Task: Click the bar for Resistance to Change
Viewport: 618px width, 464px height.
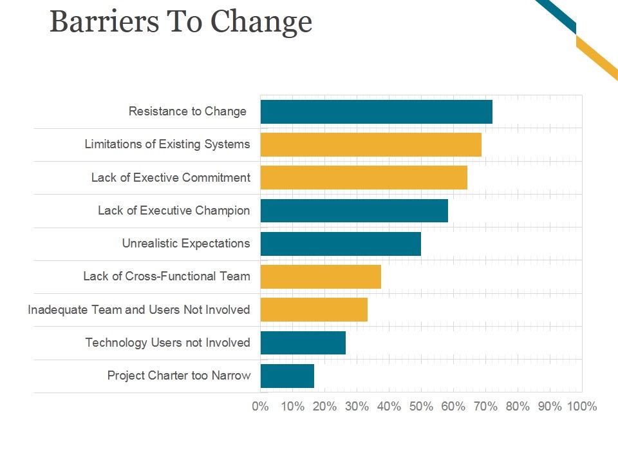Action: [376, 111]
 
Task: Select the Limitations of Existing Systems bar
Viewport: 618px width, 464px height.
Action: [371, 144]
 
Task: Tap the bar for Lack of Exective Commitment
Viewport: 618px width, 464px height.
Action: [364, 177]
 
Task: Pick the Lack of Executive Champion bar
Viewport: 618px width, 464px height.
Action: [354, 211]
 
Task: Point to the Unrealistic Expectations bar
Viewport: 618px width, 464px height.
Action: [341, 244]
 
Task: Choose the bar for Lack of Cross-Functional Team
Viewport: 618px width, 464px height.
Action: [321, 276]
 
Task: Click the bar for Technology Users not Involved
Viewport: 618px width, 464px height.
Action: [303, 343]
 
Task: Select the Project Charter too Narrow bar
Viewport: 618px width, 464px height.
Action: [287, 376]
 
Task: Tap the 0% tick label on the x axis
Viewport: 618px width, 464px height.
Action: [260, 407]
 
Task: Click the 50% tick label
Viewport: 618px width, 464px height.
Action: [421, 407]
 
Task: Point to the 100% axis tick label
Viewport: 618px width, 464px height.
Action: [581, 407]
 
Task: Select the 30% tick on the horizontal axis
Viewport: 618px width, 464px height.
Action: [357, 407]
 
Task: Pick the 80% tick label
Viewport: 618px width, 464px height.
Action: [518, 407]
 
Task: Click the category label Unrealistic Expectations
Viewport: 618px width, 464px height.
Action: [185, 244]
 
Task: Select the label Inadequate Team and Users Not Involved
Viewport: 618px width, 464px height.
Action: [138, 310]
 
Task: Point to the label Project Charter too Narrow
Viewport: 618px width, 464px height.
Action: [178, 376]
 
